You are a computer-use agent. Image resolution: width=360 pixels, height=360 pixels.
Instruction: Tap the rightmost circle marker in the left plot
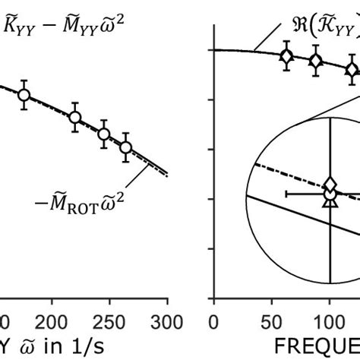(x=126, y=147)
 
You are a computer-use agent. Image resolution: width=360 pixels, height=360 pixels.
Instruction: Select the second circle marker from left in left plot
(x=74, y=117)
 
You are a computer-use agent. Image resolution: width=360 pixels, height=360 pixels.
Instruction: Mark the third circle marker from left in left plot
(x=104, y=135)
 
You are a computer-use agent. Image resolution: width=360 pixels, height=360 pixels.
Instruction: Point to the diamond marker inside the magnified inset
(x=330, y=184)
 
